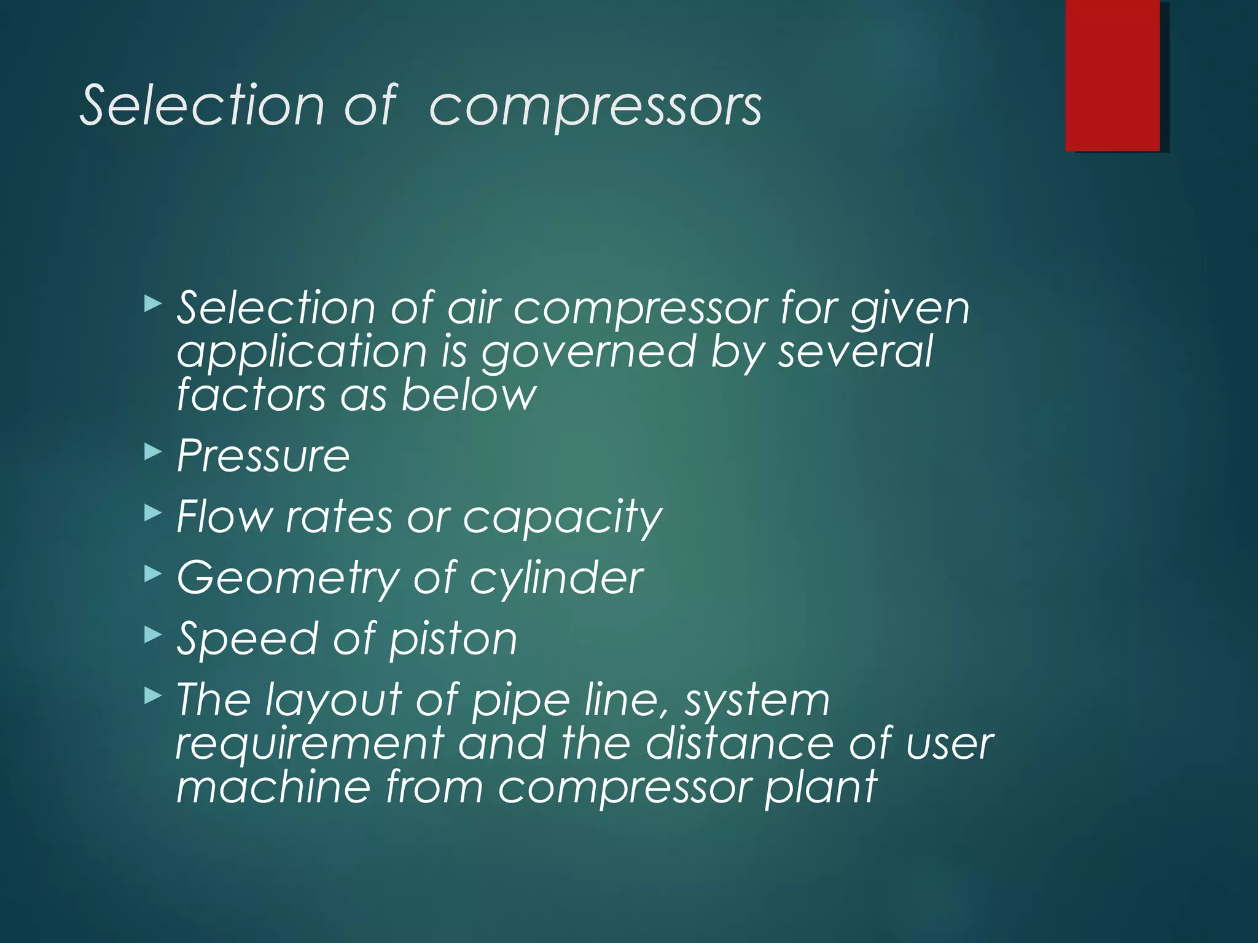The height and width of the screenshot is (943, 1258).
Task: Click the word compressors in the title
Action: click(x=595, y=107)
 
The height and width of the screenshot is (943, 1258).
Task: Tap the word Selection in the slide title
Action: click(x=203, y=106)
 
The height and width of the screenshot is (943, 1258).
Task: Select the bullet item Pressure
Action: click(x=263, y=456)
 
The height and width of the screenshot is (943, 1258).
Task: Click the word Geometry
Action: click(x=287, y=579)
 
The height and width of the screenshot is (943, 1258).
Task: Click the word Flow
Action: click(x=224, y=516)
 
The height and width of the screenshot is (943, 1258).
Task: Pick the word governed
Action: click(x=588, y=354)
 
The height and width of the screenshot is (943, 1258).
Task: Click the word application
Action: click(x=302, y=354)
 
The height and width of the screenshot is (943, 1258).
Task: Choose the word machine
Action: click(x=273, y=788)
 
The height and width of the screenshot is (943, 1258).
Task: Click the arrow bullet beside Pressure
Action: click(x=152, y=452)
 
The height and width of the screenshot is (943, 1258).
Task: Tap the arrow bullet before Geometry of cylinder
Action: click(x=152, y=574)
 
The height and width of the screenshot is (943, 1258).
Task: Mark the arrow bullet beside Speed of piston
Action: click(x=152, y=635)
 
